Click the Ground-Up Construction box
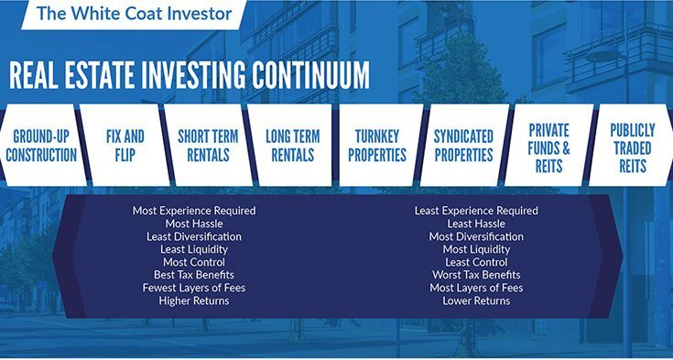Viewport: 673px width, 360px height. coord(41,146)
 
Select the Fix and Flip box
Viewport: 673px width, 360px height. coord(125,146)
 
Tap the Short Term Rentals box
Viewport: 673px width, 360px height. coord(208,146)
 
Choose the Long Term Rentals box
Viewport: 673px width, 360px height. coord(293,146)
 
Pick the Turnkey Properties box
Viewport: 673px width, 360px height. coord(377,146)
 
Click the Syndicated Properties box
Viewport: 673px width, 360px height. coord(463,146)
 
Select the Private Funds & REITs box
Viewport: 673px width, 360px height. coord(549,146)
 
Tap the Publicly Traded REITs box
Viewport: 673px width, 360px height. coord(632,146)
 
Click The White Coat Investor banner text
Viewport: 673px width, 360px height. coord(135,13)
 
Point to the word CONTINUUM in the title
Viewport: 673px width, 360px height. coord(310,75)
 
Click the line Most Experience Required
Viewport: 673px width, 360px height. coord(194,211)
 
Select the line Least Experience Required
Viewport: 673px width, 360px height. coord(476,211)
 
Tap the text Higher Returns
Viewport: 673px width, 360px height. coord(194,300)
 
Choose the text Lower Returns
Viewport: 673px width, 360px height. coord(476,300)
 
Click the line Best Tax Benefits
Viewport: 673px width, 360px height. coord(194,275)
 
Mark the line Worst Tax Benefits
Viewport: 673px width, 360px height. coord(476,275)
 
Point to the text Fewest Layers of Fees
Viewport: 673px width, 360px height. coord(194,288)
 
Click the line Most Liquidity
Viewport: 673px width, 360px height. coord(476,249)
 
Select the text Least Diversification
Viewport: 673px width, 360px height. coord(194,236)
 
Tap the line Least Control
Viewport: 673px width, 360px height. coord(476,262)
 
